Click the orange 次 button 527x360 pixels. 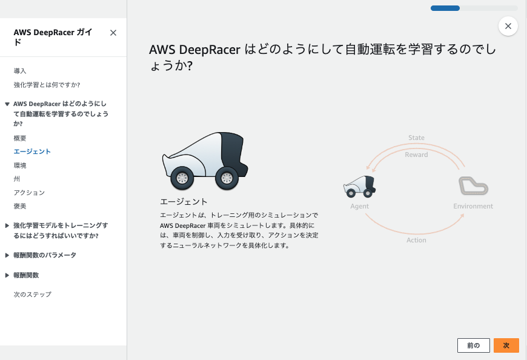506,345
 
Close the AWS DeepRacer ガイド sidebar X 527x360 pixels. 113,33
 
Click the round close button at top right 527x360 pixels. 508,26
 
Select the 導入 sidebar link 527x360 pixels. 20,71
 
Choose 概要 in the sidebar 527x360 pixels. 20,138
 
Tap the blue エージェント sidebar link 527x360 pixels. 32,152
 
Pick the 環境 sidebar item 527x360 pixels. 20,165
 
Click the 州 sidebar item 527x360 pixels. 16,179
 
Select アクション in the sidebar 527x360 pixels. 29,192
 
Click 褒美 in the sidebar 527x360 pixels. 20,206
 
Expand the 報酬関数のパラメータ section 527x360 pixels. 44,255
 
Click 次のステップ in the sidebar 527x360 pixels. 32,294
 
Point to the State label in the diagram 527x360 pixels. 416,138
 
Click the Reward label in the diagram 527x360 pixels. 416,155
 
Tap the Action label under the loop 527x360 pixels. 416,240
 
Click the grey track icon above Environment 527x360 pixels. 473,186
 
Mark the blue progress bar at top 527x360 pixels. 445,8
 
